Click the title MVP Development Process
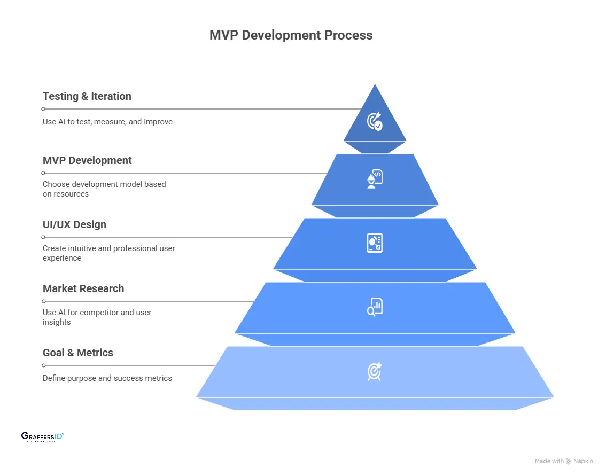(x=291, y=35)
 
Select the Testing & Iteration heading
(x=87, y=97)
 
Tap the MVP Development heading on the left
(x=87, y=161)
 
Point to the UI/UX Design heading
(x=74, y=225)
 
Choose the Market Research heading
(x=83, y=289)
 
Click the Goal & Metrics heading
(x=78, y=353)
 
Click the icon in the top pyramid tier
(x=375, y=121)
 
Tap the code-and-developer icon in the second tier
(x=375, y=179)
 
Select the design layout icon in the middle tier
(x=375, y=243)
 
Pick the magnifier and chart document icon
(x=375, y=307)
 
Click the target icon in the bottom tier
(x=375, y=371)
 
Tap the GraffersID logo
(x=42, y=437)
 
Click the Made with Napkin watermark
(x=563, y=461)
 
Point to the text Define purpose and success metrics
(x=107, y=378)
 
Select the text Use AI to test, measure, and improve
(x=107, y=122)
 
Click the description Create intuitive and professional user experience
(x=109, y=253)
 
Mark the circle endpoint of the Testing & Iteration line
(x=43, y=109)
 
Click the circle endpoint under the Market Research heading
(x=43, y=301)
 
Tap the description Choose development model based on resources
(x=104, y=189)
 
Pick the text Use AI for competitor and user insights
(x=97, y=317)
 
